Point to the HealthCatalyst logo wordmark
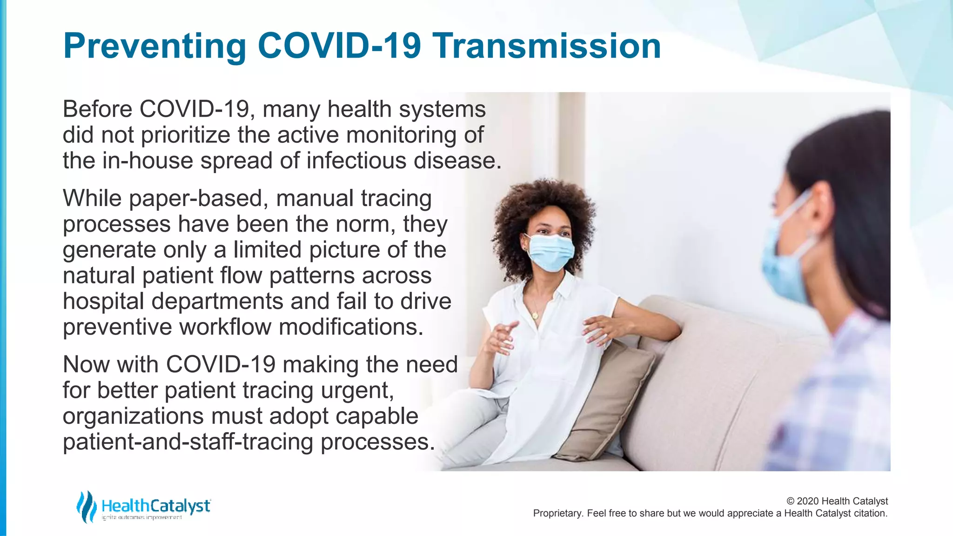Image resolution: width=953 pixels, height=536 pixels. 156,506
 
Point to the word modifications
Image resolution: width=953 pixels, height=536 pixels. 351,327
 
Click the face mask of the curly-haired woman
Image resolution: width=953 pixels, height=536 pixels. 550,253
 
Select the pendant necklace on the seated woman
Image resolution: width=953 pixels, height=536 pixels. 535,315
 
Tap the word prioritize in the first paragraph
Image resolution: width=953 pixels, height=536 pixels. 186,135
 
